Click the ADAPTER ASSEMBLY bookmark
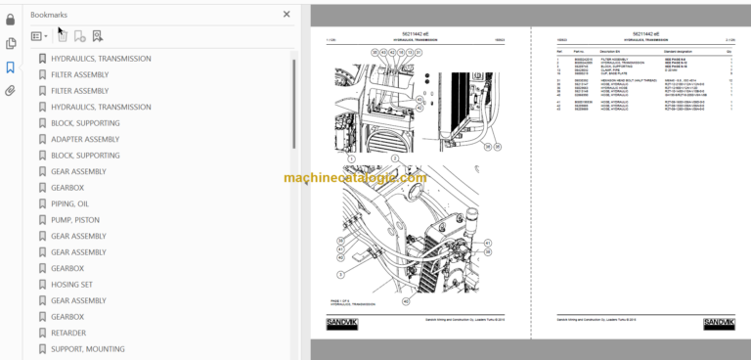click(x=85, y=139)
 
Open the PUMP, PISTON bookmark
click(x=76, y=220)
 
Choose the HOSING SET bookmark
click(x=74, y=285)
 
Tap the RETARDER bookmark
click(x=70, y=333)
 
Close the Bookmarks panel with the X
click(x=287, y=15)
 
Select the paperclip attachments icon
click(x=11, y=91)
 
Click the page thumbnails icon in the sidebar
click(x=11, y=43)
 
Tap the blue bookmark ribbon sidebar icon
click(x=11, y=67)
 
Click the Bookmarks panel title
click(x=50, y=15)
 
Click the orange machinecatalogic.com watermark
click(x=355, y=178)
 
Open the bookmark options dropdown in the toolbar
click(x=39, y=36)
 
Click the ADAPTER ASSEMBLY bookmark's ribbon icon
click(x=41, y=139)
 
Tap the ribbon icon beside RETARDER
click(x=41, y=333)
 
